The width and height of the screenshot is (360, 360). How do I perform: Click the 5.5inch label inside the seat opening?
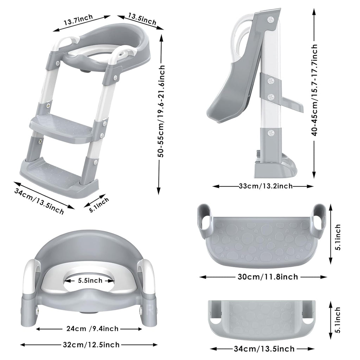click(90, 280)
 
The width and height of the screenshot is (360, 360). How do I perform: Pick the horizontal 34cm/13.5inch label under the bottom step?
click(264, 349)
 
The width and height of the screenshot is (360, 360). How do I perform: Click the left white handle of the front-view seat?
click(30, 278)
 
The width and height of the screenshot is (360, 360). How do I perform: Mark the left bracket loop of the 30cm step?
click(204, 220)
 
